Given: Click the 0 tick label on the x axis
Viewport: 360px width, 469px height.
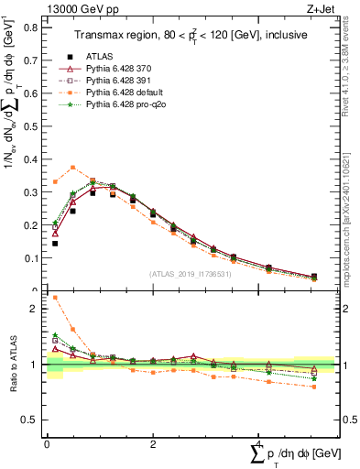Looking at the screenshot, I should point(47,443).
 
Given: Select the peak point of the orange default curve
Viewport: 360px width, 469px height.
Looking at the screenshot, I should point(73,168).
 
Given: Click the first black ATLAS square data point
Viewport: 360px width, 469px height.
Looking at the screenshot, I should point(55,244).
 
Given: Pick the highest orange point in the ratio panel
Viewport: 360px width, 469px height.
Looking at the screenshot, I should point(55,298).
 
